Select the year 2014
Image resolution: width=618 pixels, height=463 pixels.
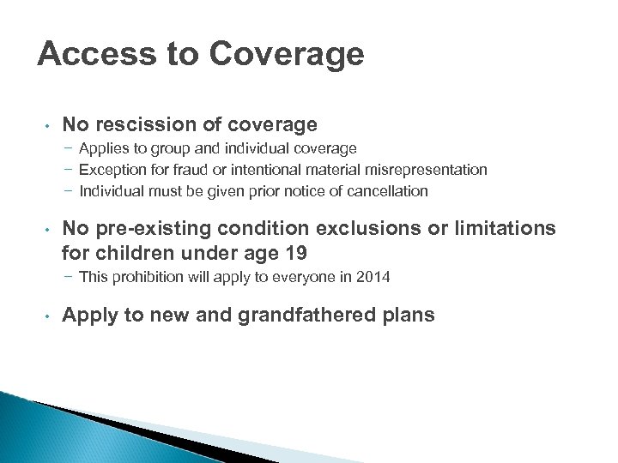coord(373,276)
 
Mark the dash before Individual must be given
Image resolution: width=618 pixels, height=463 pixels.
coord(68,190)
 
